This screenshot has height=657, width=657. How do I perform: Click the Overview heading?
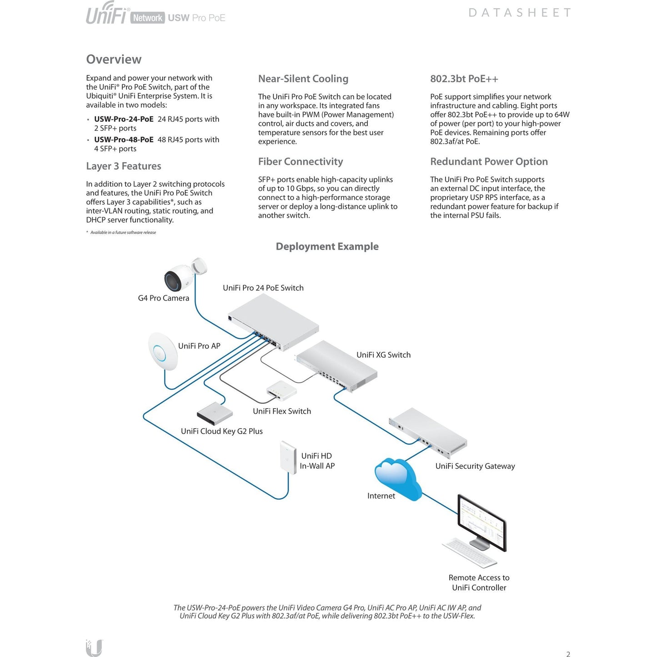[114, 60]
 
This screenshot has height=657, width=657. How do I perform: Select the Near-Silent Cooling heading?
[303, 79]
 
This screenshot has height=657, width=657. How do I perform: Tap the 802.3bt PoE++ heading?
[464, 79]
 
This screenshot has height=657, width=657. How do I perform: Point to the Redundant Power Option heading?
[489, 161]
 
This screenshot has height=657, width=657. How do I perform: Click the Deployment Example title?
[327, 246]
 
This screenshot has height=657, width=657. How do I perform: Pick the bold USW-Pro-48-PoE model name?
[124, 140]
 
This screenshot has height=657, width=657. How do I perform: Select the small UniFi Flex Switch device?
[281, 391]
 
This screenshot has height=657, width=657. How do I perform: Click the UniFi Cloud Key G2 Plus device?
[214, 412]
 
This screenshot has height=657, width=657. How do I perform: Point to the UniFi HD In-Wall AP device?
[288, 456]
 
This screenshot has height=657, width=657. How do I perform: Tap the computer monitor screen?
[481, 522]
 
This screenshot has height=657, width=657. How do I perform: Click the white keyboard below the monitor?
[469, 552]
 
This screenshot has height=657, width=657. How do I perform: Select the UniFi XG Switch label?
[383, 355]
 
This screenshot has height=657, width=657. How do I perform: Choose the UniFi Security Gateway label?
[475, 466]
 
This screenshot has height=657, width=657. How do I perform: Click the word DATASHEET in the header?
[519, 13]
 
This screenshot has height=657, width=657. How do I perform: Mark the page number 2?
[568, 654]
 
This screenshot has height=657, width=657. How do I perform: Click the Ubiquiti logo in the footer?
[94, 647]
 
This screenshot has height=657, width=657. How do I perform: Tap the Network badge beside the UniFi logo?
[147, 18]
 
